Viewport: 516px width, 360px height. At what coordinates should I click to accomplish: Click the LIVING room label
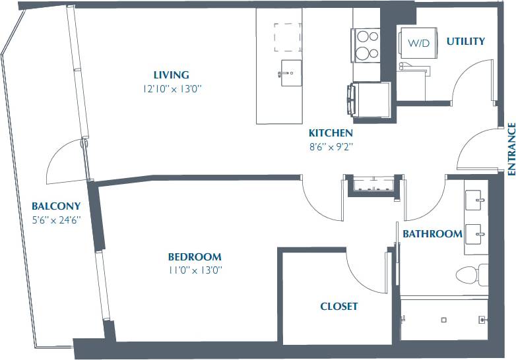click(171, 75)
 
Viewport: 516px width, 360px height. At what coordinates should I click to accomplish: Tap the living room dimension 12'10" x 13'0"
click(171, 88)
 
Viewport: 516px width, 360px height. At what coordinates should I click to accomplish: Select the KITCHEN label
click(331, 133)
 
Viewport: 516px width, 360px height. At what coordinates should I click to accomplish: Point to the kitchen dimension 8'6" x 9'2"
click(331, 146)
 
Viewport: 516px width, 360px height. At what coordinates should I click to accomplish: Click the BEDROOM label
click(194, 257)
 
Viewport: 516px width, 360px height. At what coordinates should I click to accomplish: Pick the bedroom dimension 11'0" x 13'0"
click(194, 270)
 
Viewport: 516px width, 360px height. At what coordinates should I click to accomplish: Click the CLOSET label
click(339, 307)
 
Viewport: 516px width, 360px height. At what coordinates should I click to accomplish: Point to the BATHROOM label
click(432, 234)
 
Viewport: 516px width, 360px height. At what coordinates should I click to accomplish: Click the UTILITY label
click(465, 42)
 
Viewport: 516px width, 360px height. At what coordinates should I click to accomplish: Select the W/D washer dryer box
click(417, 44)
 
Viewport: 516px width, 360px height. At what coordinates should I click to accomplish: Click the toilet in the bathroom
click(470, 273)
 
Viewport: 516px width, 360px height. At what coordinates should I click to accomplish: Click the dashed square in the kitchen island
click(288, 37)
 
